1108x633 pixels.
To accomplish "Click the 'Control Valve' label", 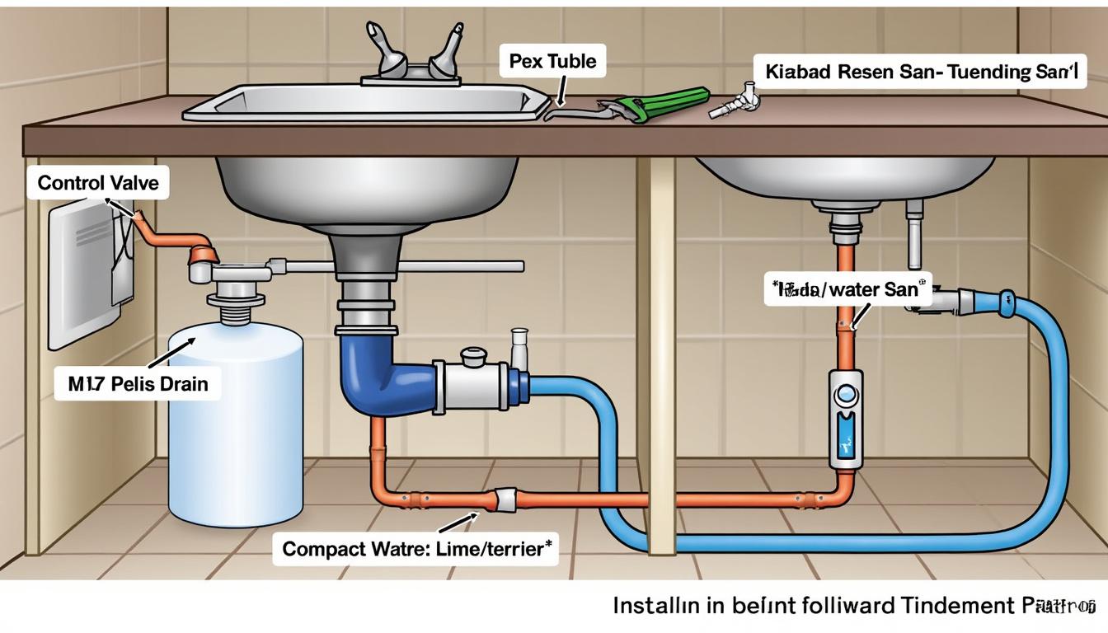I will pyautogui.click(x=98, y=182).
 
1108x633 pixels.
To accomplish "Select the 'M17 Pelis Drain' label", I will pyautogui.click(x=138, y=383).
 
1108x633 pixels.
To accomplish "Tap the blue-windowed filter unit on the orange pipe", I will pyautogui.click(x=847, y=420).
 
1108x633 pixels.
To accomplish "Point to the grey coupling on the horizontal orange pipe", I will pyautogui.click(x=504, y=499).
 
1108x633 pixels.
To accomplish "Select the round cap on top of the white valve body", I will pyautogui.click(x=475, y=356).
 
